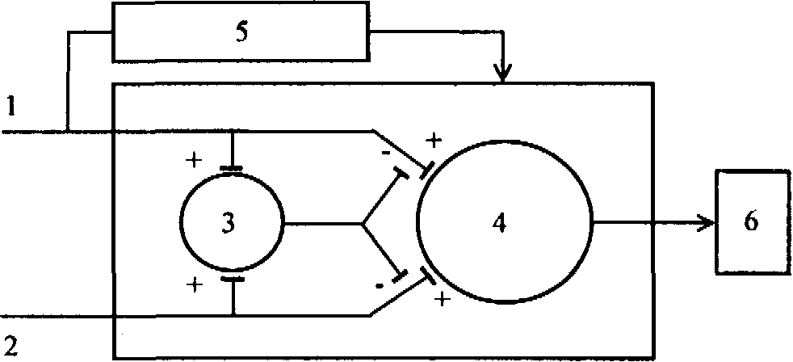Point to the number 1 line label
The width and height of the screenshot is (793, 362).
click(x=9, y=104)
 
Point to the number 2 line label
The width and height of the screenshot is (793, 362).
click(x=9, y=349)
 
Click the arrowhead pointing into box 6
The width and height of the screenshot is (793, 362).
click(x=707, y=221)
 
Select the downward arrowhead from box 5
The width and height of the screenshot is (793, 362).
click(x=503, y=74)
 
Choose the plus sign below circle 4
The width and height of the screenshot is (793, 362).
click(x=443, y=301)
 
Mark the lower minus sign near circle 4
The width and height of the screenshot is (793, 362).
click(x=379, y=286)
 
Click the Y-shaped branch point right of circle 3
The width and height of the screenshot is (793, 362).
click(x=362, y=222)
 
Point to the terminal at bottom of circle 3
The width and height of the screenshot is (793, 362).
click(x=232, y=278)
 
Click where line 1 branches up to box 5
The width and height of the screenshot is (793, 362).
click(x=68, y=131)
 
